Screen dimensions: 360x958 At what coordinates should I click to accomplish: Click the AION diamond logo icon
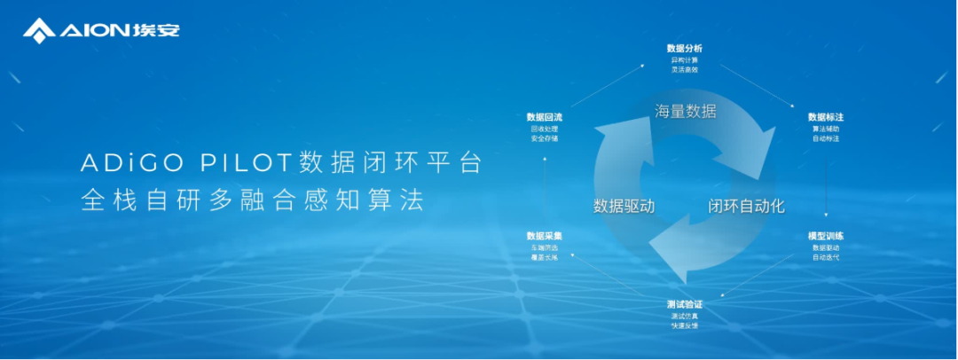(39, 31)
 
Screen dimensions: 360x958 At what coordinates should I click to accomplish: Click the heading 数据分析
(684, 48)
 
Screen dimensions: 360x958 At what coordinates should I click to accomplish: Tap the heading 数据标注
(825, 117)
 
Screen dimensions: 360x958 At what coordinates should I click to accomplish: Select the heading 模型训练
(825, 236)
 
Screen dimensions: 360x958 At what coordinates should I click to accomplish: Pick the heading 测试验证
(684, 305)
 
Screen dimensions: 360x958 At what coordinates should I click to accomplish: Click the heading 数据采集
(544, 236)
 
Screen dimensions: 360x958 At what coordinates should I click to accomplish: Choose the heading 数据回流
(544, 117)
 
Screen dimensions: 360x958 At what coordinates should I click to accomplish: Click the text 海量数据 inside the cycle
(685, 112)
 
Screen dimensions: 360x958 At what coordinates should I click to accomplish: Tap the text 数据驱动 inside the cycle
(624, 206)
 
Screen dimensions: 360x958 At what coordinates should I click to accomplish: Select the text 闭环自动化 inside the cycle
(746, 206)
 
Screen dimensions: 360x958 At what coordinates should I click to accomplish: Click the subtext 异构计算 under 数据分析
(684, 59)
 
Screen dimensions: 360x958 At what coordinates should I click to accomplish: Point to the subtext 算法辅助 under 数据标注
(825, 129)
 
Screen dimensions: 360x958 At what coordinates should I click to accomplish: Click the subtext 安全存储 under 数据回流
(544, 138)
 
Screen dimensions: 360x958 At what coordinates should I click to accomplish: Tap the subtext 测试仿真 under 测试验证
(684, 317)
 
